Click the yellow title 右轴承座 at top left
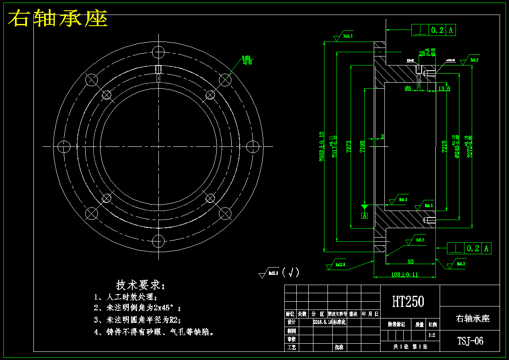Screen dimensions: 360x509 coord(58,19)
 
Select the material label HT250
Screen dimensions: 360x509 coord(408,302)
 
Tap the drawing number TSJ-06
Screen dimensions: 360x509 coord(470,341)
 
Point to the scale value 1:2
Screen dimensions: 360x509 coord(432,336)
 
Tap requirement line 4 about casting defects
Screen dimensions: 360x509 coord(154,332)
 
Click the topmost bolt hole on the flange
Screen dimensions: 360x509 coord(158,52)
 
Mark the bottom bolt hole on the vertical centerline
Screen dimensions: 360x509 coord(158,241)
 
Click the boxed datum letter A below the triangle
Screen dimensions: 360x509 coord(365,216)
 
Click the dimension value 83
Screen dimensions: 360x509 coord(410,262)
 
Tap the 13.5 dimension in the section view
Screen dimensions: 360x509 coord(444,89)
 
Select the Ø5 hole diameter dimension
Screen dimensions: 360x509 coord(408,89)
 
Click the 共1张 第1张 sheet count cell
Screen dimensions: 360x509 coord(410,347)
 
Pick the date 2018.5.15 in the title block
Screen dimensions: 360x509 coord(323,322)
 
